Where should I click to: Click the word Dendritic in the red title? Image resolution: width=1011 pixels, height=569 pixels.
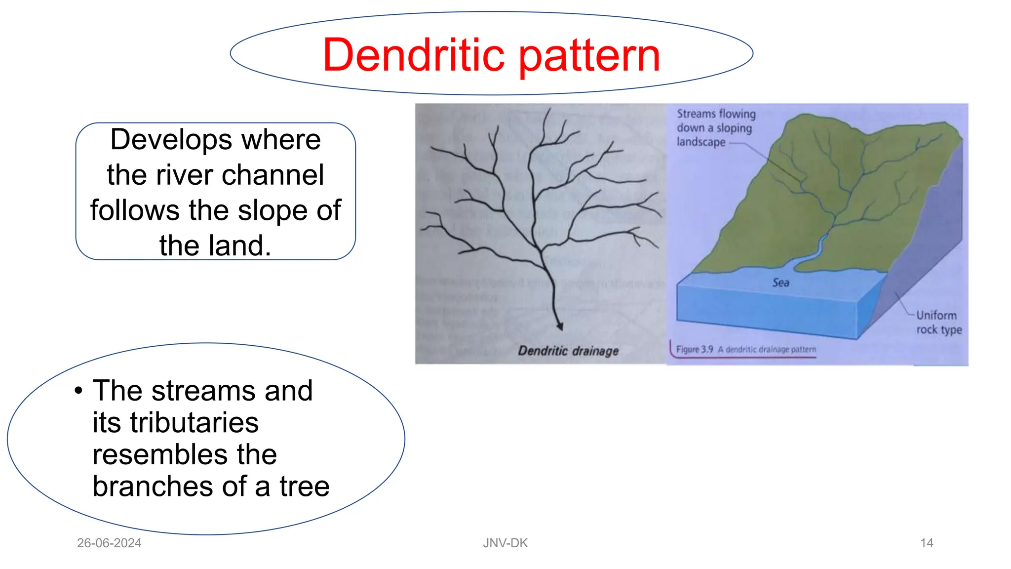pos(414,55)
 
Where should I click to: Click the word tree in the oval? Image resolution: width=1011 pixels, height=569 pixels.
pos(304,487)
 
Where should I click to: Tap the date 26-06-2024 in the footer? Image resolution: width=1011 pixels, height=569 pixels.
pos(109,543)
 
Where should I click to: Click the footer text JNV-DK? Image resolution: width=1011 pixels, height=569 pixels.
pos(505,543)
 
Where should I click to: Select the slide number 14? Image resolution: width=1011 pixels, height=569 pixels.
pos(927,543)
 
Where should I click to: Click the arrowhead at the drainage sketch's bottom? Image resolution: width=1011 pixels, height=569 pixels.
pos(560,326)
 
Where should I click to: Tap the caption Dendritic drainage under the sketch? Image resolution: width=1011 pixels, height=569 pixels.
pos(568,351)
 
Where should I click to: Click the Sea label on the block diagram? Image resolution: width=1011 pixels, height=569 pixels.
pos(780,283)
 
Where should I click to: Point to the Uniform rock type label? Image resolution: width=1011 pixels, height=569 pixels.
pos(938,322)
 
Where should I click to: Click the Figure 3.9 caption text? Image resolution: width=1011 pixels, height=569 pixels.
pos(745,349)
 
